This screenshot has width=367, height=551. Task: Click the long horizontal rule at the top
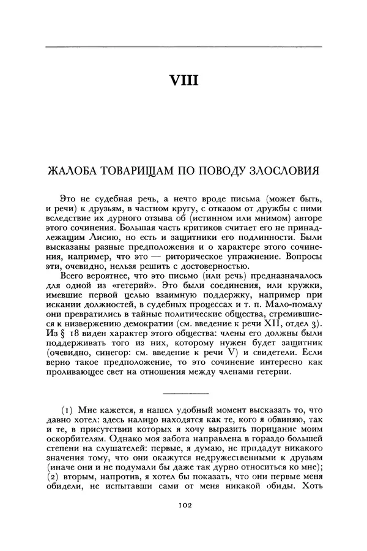point(183,47)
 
